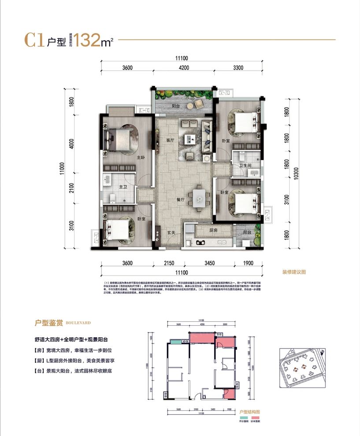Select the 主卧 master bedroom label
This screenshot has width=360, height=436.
pyautogui.click(x=141, y=157)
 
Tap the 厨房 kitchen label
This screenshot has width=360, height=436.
pyautogui.click(x=213, y=231)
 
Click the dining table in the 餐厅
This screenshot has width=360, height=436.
pyautogui.click(x=199, y=198)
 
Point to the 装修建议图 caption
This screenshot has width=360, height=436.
pyautogui.click(x=294, y=272)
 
